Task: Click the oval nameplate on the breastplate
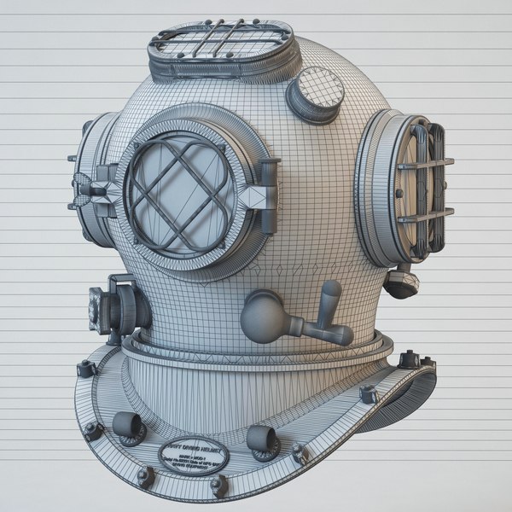(x=194, y=457)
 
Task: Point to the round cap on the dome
(x=315, y=94)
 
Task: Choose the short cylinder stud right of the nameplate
(x=262, y=439)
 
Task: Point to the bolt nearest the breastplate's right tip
(x=409, y=358)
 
